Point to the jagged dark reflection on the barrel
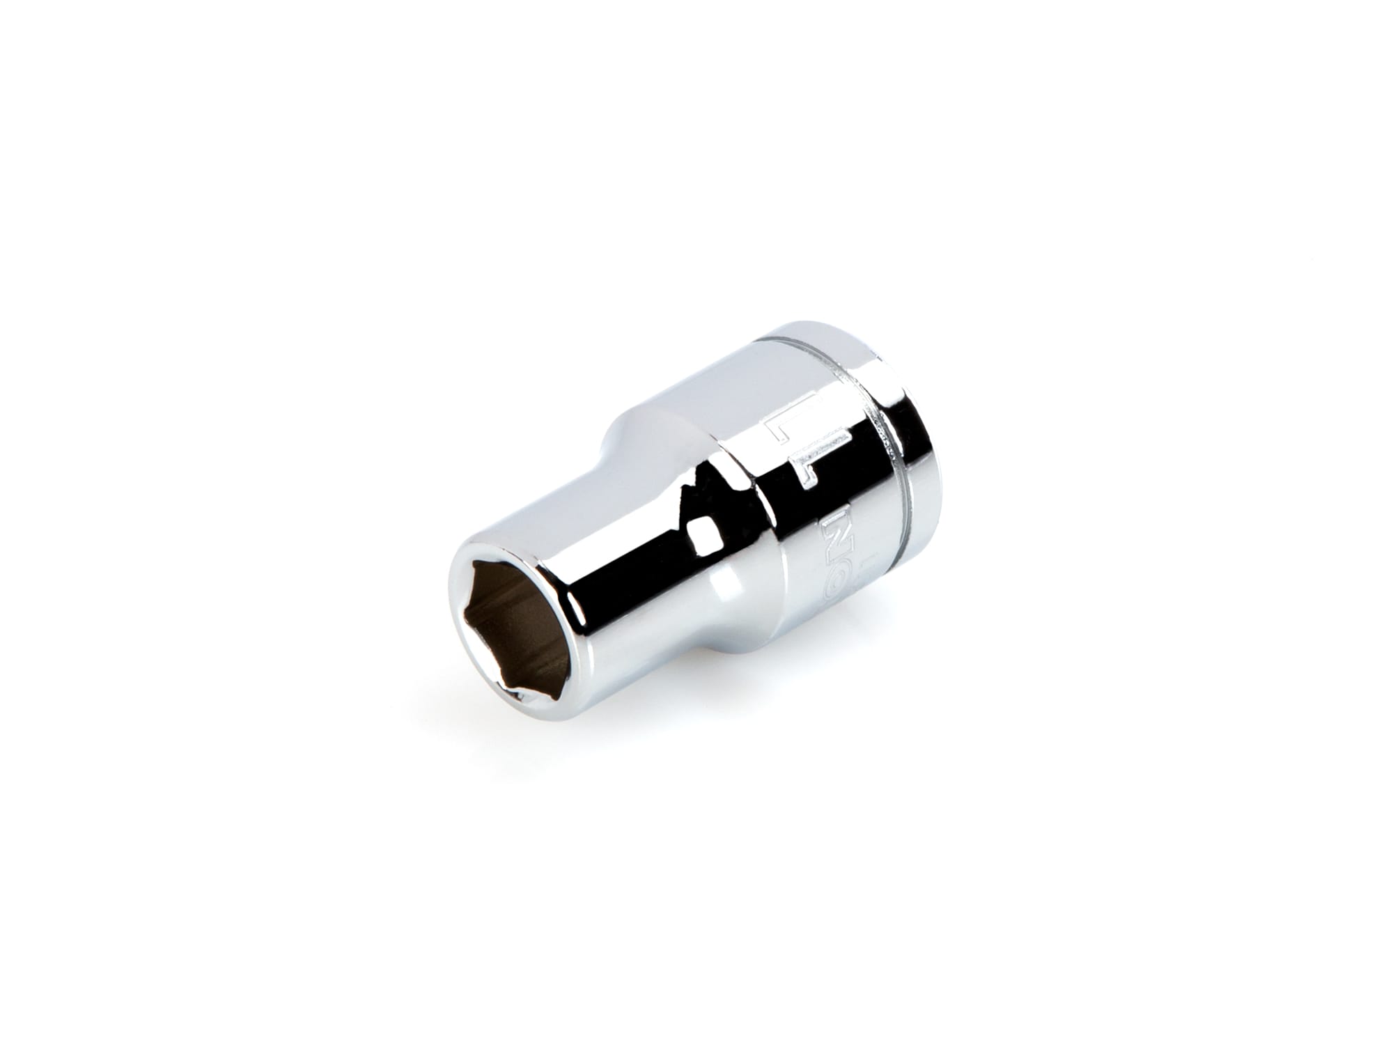[x=686, y=488]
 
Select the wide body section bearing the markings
[x=801, y=488]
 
